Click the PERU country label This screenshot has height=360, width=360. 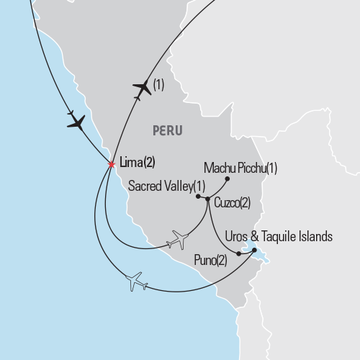tap(167, 131)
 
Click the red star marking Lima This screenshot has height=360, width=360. tap(112, 164)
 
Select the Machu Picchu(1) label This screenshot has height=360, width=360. tap(240, 168)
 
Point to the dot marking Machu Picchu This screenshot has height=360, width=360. tap(227, 179)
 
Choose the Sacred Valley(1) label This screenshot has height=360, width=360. tap(162, 186)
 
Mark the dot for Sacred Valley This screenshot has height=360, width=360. tap(197, 194)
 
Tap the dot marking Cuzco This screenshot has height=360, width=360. tap(207, 199)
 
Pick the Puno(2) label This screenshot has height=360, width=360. tap(210, 259)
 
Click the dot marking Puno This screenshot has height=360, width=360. tap(238, 253)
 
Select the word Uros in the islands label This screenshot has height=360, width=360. tap(238, 236)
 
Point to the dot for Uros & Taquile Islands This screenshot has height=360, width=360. tap(253, 250)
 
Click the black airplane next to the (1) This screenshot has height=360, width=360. tap(143, 88)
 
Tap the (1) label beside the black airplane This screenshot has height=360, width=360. tap(159, 85)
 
